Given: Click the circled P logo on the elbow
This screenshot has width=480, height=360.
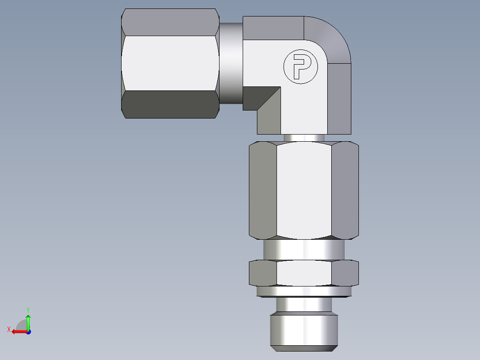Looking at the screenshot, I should coord(301,67).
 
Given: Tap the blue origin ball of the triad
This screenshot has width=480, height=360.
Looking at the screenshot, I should coord(28,332).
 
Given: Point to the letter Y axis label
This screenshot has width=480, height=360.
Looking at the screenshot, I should coord(28,309).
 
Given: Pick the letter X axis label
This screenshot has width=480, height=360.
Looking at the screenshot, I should coord(8,329).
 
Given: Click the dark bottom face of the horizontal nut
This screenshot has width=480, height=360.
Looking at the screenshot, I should coord(170,105).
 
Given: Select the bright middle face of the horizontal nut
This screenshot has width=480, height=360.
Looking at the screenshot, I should coord(170,63).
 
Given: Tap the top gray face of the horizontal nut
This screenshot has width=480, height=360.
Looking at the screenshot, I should coord(170,22).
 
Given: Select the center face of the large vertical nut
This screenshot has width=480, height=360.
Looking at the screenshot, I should coord(304,189).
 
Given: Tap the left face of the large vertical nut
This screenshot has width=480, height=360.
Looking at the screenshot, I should coord(263,189).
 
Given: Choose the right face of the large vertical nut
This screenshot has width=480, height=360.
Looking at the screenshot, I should coord(345,189).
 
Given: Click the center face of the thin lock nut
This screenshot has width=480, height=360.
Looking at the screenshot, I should coord(304,273).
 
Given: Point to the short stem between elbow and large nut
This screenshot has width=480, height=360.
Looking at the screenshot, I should coord(304,138).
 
